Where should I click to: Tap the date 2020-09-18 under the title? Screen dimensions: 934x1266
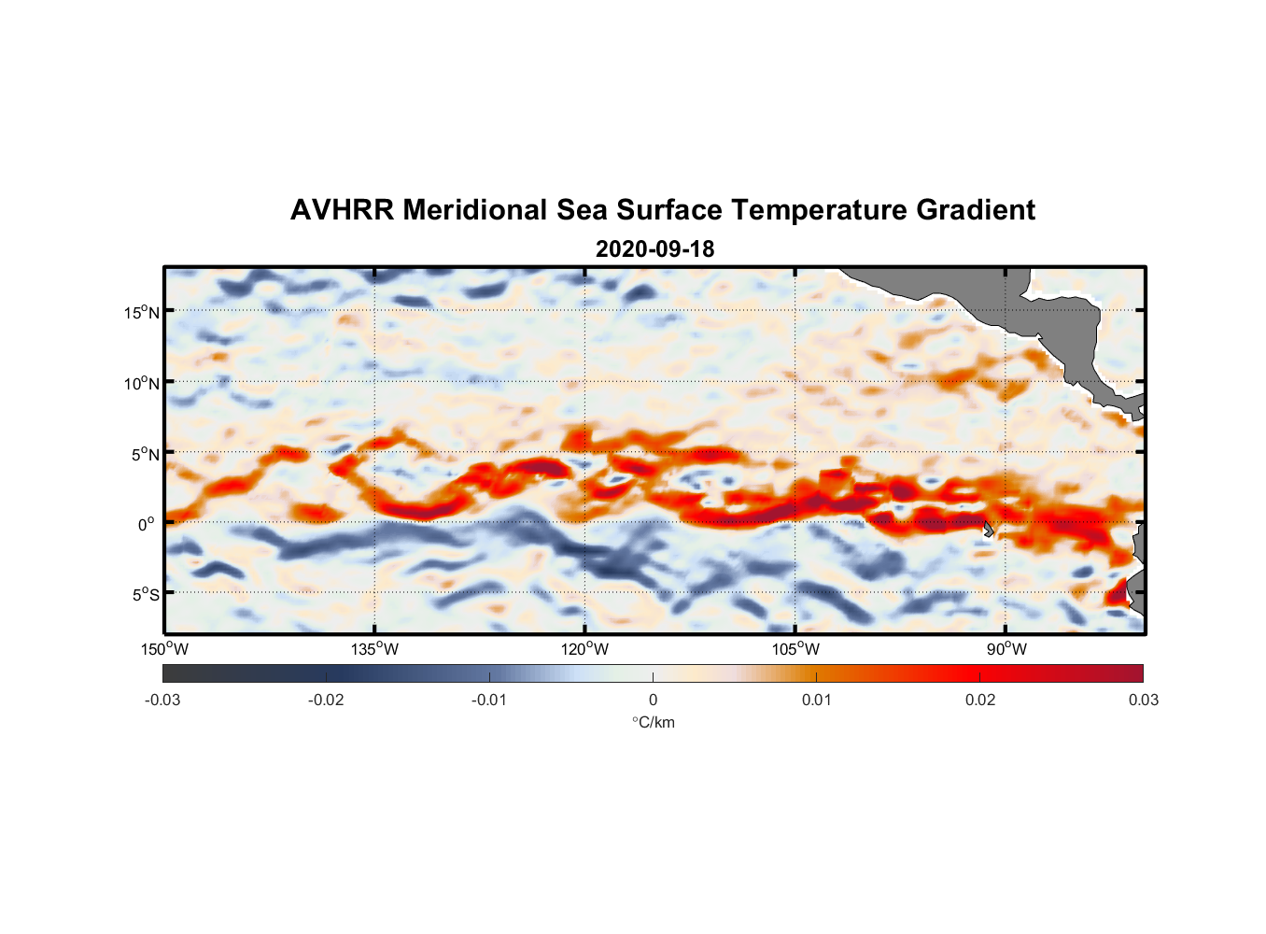point(654,249)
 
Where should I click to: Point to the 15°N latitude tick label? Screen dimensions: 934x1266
point(141,312)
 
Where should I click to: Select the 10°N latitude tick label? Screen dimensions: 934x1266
point(141,383)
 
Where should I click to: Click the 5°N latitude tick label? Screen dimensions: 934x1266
point(145,454)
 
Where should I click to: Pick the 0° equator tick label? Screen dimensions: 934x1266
point(147,524)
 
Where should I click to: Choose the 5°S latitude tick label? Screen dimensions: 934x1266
point(145,594)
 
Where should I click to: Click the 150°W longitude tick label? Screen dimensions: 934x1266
point(164,649)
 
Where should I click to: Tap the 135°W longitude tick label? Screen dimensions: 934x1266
point(374,649)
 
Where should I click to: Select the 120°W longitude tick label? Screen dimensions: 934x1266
point(585,649)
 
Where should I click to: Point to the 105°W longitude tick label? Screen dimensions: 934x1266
point(795,649)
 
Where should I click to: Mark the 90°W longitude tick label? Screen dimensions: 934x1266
point(1006,649)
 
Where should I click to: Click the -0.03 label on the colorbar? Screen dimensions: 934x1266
point(162,700)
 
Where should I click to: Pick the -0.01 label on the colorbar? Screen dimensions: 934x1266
point(489,700)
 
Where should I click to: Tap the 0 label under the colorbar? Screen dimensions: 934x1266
point(653,700)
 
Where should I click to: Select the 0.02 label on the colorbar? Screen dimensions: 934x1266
point(980,700)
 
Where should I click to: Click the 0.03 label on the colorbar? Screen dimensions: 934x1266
point(1143,700)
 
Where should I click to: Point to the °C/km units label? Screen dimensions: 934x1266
point(653,722)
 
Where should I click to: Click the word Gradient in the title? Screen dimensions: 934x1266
point(976,210)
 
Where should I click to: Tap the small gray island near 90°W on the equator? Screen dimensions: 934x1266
point(989,529)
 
